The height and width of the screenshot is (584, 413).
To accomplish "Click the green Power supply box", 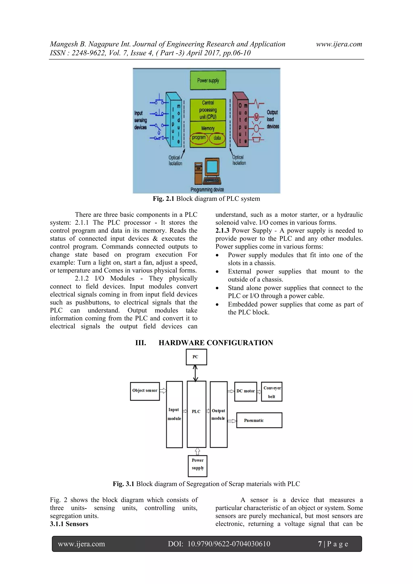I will coord(208,80).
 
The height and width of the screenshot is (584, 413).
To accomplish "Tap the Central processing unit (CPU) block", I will coord(208,110).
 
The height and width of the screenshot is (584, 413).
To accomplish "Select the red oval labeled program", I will coord(199,138).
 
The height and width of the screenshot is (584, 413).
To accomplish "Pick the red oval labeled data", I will coord(217,138).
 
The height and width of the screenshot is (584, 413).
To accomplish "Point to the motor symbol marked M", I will coord(256,117).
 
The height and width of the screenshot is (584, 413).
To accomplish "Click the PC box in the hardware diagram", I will coord(196,357).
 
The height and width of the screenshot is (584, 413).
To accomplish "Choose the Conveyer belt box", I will coord(272,392).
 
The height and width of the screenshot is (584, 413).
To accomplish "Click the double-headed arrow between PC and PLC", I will coord(195,373).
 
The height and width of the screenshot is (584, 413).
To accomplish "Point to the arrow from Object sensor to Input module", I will coord(163,390).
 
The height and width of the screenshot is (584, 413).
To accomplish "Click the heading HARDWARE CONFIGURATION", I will coord(216,343).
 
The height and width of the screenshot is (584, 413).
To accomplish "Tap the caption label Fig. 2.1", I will coord(163,199).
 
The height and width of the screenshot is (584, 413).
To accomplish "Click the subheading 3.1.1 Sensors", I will coord(69,524).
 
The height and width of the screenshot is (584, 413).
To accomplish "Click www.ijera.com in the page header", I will coord(339,44).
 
